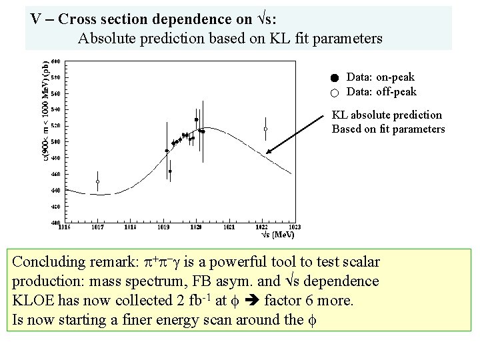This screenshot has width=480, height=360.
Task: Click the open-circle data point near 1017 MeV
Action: click(x=98, y=181)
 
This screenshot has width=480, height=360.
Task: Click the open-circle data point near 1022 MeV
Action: click(x=265, y=129)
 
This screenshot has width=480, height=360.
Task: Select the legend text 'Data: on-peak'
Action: click(x=380, y=78)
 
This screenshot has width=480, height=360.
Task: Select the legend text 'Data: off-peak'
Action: click(x=381, y=92)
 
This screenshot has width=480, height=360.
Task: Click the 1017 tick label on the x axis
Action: click(x=98, y=227)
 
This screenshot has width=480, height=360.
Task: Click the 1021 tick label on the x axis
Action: click(x=229, y=227)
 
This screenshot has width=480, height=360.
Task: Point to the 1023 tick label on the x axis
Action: click(x=294, y=227)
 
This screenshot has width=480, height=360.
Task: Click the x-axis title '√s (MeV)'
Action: click(x=277, y=235)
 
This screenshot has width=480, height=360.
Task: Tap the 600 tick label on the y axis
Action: click(x=56, y=61)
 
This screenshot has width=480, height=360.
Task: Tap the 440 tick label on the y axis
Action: click(x=56, y=190)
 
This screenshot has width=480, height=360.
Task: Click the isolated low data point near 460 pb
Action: click(x=170, y=171)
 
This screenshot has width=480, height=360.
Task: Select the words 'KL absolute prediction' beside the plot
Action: click(x=387, y=115)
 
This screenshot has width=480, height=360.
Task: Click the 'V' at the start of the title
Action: click(x=37, y=19)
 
